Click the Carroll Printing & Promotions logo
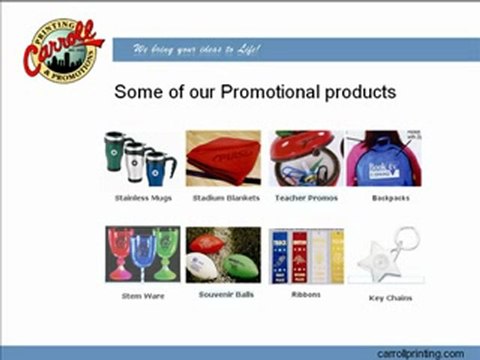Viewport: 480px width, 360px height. [x=62, y=47]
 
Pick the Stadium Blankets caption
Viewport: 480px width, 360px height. [x=222, y=198]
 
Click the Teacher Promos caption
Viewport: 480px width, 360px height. [x=305, y=198]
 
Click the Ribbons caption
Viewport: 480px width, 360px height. [x=305, y=296]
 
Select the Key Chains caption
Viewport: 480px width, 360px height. [x=391, y=298]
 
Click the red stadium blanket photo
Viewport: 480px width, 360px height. [x=223, y=158]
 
